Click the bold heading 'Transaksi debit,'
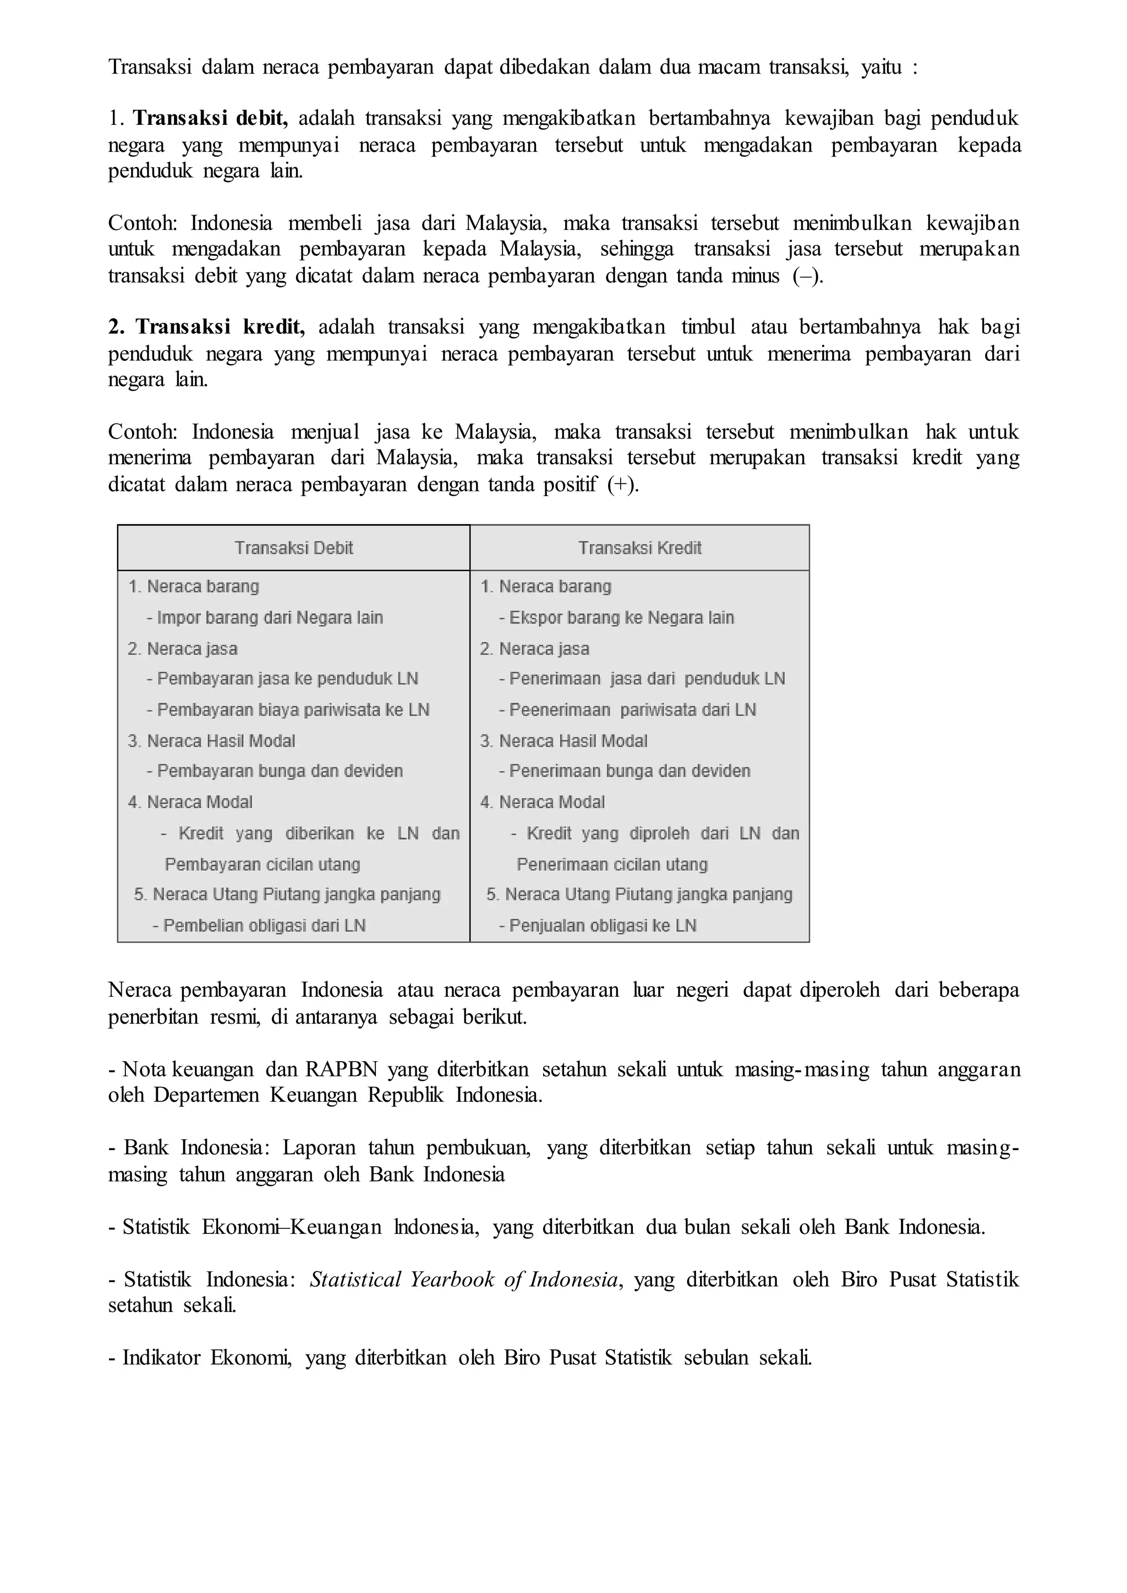[x=210, y=119]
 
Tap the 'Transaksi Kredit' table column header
[x=640, y=548]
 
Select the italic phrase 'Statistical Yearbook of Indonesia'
[x=463, y=1279]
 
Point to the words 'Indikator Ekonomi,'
[x=207, y=1357]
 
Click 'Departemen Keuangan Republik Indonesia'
[x=347, y=1096]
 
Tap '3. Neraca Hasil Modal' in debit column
[x=212, y=741]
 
